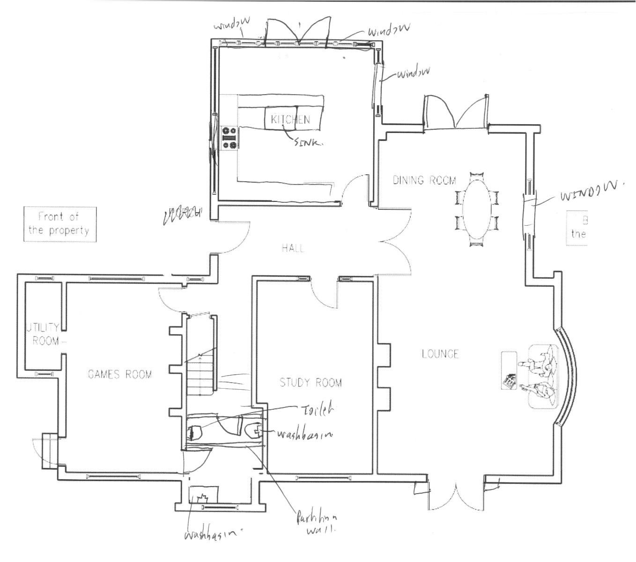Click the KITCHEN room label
pos(290,119)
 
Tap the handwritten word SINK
pos(308,143)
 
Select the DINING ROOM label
pos(424,180)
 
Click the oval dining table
pos(476,209)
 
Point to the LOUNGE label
pos(440,354)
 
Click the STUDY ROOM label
pos(311,383)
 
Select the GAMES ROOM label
pos(120,374)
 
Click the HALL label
pos(293,248)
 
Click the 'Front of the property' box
pos(59,224)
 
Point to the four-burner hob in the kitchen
pos(229,139)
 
